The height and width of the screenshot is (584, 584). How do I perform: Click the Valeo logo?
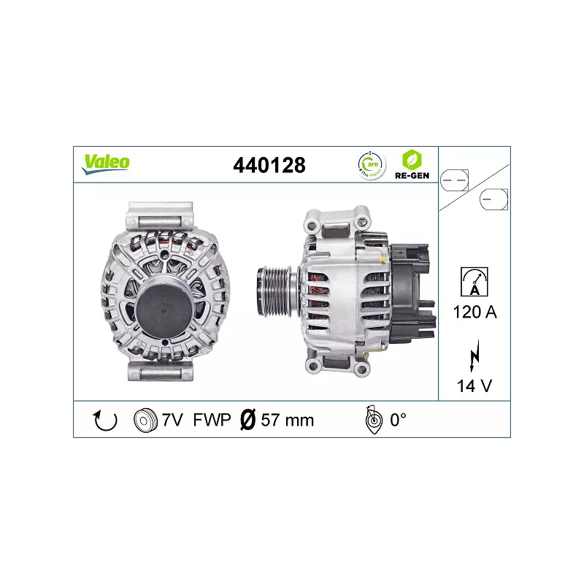click(x=106, y=163)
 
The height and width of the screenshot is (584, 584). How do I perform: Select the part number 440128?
click(x=268, y=165)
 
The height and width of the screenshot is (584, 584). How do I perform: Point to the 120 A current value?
click(x=474, y=312)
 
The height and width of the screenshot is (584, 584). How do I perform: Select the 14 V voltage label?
click(x=474, y=386)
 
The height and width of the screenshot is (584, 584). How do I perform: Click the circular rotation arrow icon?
click(x=107, y=420)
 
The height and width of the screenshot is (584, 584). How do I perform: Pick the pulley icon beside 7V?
click(x=146, y=420)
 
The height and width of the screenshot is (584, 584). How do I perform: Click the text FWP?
click(x=212, y=420)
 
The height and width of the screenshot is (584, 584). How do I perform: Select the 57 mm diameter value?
click(x=287, y=420)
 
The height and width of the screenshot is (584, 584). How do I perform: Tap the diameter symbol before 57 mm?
click(x=247, y=420)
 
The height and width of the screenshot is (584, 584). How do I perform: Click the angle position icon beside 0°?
click(x=372, y=420)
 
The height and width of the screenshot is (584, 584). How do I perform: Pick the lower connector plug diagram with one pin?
click(x=494, y=198)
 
